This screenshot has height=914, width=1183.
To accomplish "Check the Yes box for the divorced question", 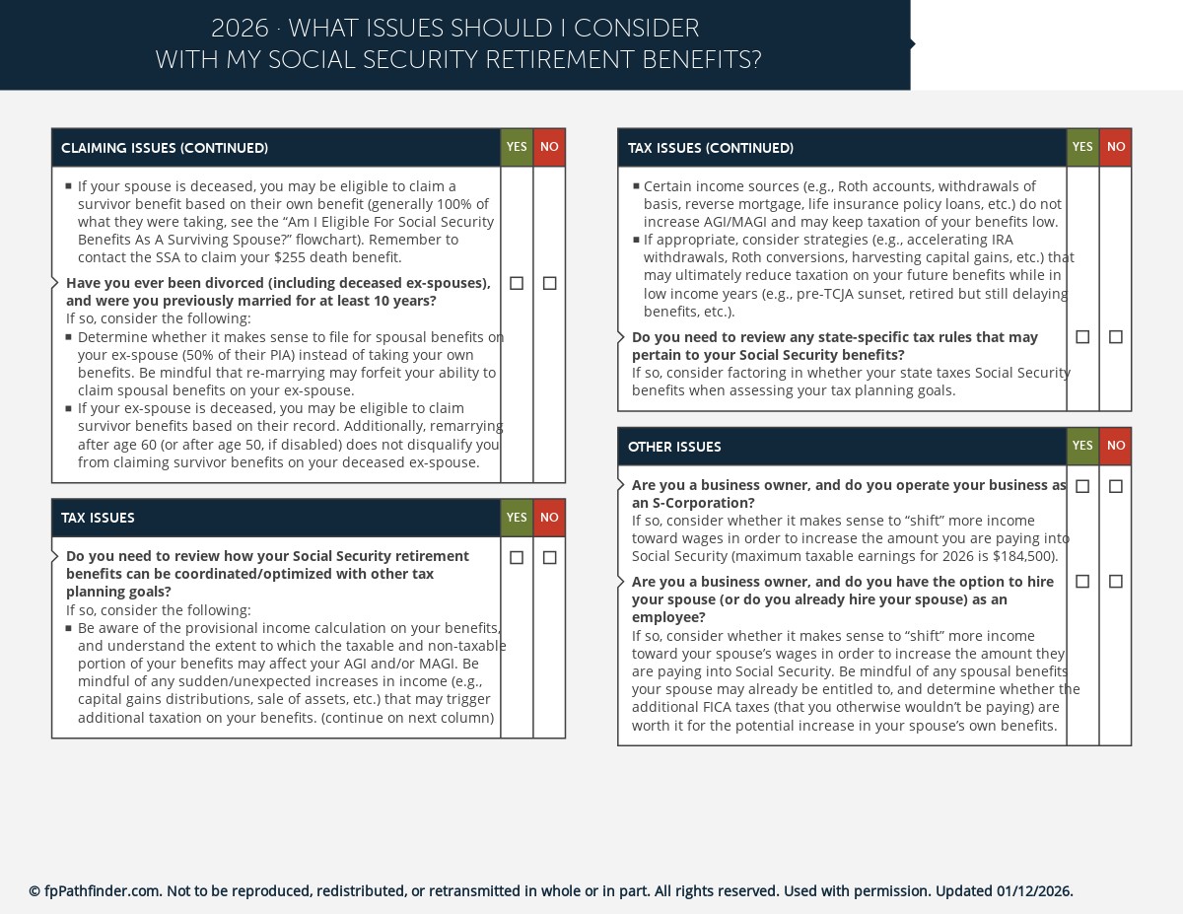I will point(517,283).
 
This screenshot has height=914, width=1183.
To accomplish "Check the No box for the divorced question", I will point(550,283).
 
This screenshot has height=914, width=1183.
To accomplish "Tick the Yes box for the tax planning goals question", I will point(517,558).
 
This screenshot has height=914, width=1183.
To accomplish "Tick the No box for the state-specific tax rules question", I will point(1116,337).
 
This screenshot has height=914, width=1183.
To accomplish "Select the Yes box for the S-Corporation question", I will point(1082,486).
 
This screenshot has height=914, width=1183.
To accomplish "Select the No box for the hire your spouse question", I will point(1116,582).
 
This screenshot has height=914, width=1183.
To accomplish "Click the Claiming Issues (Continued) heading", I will point(165,149).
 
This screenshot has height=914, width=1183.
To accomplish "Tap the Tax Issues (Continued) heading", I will point(710,149).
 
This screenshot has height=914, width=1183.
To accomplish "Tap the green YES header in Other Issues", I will point(1082,446).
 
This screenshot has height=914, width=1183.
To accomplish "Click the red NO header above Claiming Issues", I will point(549,147).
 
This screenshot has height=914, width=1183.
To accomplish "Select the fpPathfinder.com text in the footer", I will point(102,891).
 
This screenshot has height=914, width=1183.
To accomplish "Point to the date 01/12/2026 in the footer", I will point(1033,891).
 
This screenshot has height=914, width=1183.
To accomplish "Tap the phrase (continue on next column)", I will point(407,718).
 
